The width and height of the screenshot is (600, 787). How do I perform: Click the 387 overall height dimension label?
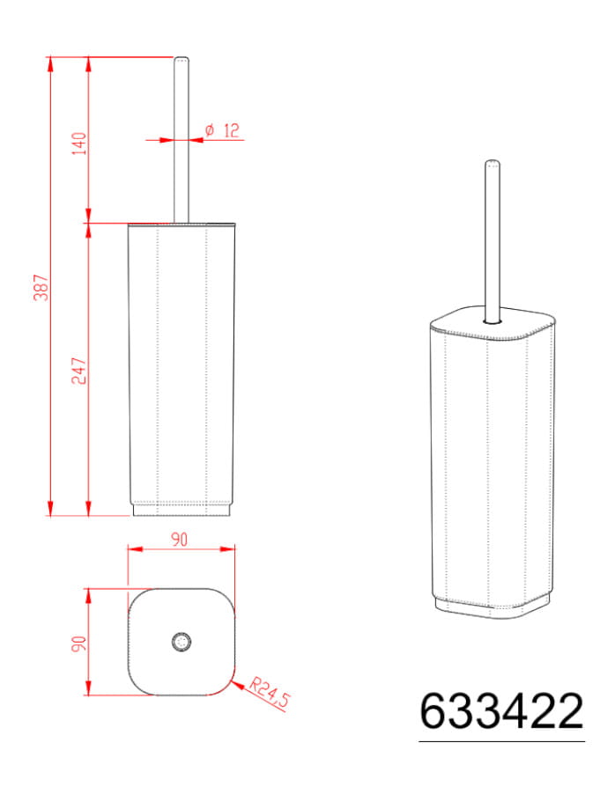[41, 287]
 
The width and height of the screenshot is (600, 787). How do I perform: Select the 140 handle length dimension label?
[79, 143]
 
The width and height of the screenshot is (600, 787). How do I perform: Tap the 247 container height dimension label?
[79, 371]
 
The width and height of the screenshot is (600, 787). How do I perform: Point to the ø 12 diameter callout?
[222, 131]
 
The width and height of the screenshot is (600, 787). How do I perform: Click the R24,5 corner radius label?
[270, 693]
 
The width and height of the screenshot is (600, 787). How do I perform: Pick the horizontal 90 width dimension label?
[180, 540]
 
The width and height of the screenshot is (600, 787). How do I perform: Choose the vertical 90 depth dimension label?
[79, 644]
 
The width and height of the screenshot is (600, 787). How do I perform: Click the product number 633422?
[501, 711]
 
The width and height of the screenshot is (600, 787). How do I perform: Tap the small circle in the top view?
[181, 642]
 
